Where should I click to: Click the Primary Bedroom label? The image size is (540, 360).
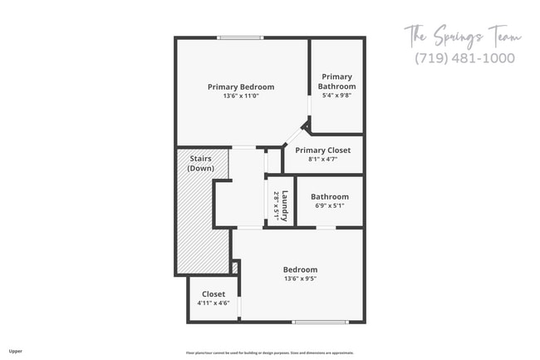point(240,86)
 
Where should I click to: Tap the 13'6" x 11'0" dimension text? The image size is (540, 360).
point(240,96)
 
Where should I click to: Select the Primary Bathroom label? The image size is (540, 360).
point(338,81)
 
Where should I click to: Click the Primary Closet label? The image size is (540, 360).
point(323,150)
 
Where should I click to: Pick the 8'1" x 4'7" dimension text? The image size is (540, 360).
point(323,159)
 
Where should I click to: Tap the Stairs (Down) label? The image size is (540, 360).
point(201,163)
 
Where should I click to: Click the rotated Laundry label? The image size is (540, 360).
point(285,204)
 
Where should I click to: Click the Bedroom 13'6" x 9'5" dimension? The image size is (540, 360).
point(300,279)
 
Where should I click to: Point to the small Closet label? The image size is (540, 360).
point(214,294)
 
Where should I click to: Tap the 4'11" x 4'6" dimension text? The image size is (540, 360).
point(214,303)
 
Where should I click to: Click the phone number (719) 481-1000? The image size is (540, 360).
point(464,58)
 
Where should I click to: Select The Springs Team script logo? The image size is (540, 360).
point(463,36)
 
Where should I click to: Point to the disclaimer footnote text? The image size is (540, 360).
point(269,353)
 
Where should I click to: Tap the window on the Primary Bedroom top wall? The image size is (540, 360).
point(241,37)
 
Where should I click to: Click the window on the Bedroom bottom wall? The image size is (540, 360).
point(319,322)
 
